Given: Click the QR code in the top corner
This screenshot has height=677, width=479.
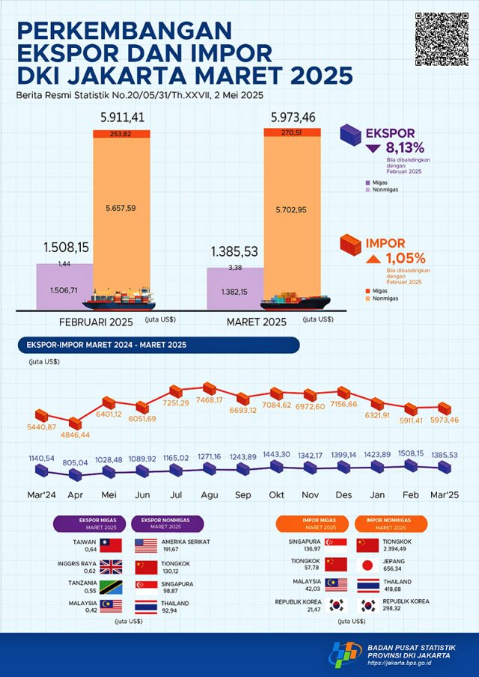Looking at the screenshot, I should tap(436, 39).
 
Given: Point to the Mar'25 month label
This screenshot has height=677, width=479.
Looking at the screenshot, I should tap(445, 494).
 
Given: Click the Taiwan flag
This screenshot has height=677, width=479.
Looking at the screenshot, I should tap(111, 545).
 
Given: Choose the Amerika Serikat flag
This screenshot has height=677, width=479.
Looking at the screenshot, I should tap(145, 545).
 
